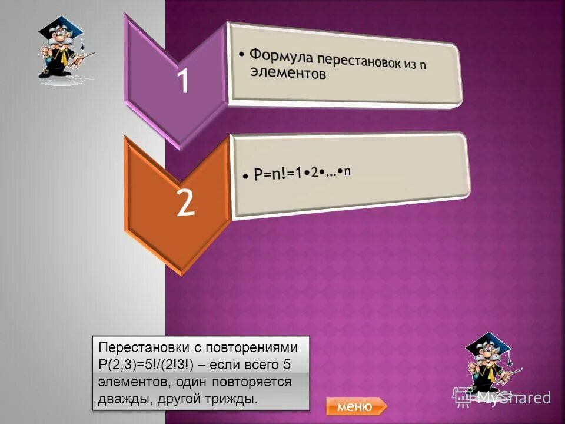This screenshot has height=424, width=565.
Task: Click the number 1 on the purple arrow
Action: point(183,82)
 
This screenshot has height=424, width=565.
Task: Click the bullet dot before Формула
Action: point(242,55)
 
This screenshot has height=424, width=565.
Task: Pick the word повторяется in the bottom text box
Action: point(257,382)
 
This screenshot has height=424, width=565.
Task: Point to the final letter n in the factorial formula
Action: point(347,171)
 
